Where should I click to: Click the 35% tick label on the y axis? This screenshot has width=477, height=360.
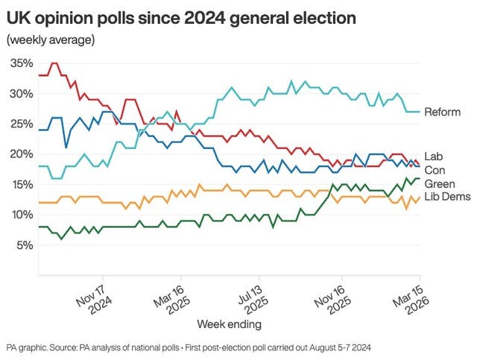click(x=22, y=63)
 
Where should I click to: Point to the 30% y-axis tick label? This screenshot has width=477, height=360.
click(x=22, y=94)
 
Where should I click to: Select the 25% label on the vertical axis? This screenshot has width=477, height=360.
click(x=22, y=124)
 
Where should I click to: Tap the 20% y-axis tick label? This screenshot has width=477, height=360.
click(x=22, y=154)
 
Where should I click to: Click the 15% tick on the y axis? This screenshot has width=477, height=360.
click(x=22, y=184)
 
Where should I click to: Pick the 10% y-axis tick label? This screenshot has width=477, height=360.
click(x=22, y=215)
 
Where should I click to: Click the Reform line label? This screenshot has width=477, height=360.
click(x=442, y=113)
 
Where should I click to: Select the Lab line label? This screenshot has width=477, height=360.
click(x=433, y=155)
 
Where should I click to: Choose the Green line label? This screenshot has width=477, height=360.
click(x=439, y=183)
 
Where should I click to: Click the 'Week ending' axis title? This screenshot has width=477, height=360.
click(x=229, y=324)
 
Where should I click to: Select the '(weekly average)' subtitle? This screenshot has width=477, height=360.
click(x=50, y=40)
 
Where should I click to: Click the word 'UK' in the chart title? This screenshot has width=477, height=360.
click(x=18, y=16)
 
